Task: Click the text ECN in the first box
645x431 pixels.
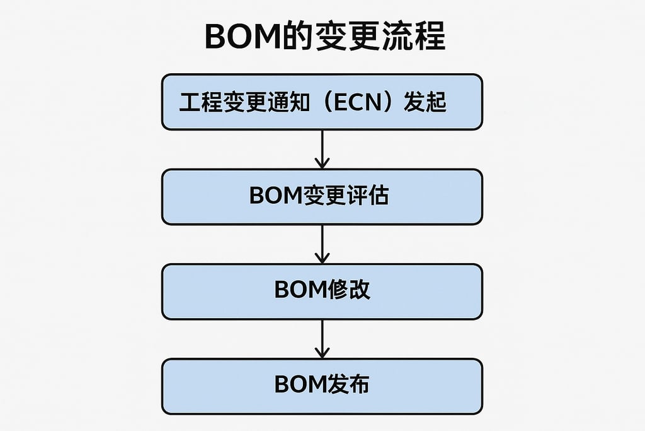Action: [x=358, y=102]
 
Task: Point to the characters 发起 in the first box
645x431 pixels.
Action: [x=425, y=102]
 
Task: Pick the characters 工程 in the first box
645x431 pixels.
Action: [x=200, y=102]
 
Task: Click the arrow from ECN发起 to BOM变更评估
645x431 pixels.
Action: [x=322, y=149]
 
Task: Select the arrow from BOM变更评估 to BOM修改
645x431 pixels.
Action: [x=322, y=244]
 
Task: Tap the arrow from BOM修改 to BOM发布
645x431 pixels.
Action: [x=322, y=338]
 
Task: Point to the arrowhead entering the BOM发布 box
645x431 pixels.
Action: [x=322, y=353]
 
